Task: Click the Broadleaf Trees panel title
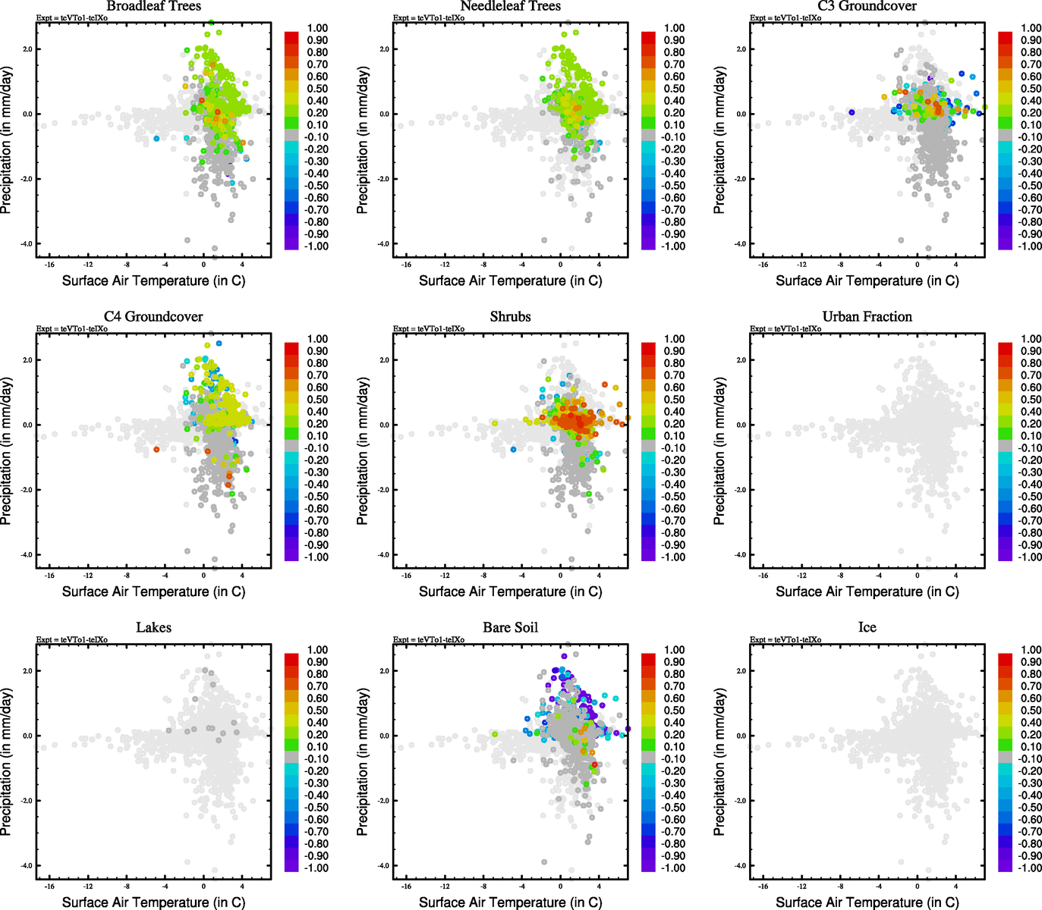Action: click(x=153, y=6)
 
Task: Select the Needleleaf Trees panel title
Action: click(x=510, y=6)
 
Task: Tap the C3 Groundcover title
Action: click(x=867, y=6)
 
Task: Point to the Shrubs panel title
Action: click(x=510, y=317)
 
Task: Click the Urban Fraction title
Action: click(x=867, y=317)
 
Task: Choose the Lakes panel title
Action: click(x=153, y=628)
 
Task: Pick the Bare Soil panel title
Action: click(x=510, y=628)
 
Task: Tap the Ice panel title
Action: click(x=867, y=628)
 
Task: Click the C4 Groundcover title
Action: click(x=153, y=317)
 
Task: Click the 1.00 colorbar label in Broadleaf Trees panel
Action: click(x=317, y=28)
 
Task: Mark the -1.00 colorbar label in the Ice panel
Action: click(x=1029, y=868)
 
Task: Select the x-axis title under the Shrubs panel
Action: click(x=510, y=591)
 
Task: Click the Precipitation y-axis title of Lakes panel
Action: click(x=7, y=762)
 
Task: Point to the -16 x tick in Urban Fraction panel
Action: click(x=763, y=576)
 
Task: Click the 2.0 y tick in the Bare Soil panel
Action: click(x=385, y=671)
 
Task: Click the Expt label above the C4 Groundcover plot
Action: click(x=72, y=329)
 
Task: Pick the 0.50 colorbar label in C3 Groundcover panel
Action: click(x=1031, y=89)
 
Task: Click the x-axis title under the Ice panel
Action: click(x=867, y=902)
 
